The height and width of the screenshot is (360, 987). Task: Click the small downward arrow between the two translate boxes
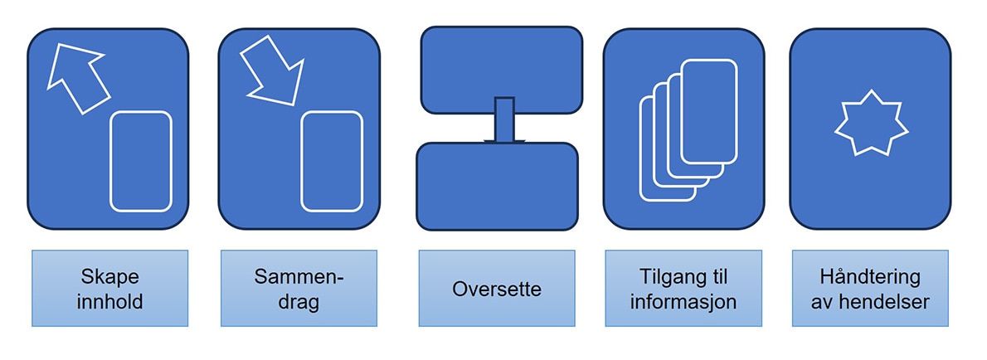503,121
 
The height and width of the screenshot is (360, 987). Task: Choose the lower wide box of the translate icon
497,186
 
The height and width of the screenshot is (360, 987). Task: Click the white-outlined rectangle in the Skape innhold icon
141,162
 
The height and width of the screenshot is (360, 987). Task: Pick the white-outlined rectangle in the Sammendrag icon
332,162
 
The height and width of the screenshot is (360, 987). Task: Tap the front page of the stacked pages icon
708,113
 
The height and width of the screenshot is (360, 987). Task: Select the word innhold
111,301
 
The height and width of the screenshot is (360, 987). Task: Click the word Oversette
497,289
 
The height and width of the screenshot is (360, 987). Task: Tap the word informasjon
683,301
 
